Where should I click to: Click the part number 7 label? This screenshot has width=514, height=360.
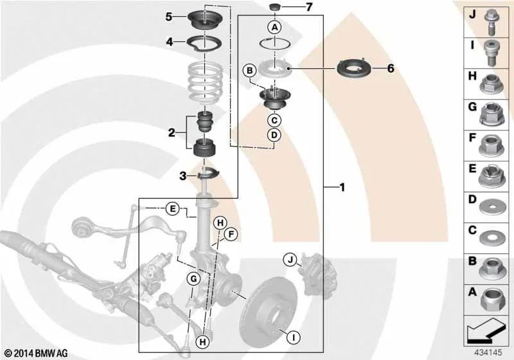click(309, 7)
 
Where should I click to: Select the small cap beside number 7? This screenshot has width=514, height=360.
click(275, 7)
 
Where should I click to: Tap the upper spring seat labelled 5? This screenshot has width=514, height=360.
click(205, 20)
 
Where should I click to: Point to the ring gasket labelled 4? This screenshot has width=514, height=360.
click(204, 43)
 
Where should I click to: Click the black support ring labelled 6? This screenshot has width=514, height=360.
click(354, 69)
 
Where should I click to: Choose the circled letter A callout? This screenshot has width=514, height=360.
click(275, 27)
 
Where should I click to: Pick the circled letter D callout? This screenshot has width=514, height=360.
click(274, 135)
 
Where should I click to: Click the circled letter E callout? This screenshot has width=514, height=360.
click(172, 208)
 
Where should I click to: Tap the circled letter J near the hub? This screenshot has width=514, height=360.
click(290, 260)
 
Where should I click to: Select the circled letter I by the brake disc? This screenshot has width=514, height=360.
click(294, 337)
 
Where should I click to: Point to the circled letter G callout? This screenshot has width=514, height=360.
click(193, 279)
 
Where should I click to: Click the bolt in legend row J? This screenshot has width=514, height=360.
click(490, 22)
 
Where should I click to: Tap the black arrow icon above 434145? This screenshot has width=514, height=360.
click(486, 330)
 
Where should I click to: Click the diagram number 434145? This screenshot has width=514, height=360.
click(488, 352)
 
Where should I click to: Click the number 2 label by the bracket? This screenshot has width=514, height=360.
click(172, 133)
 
